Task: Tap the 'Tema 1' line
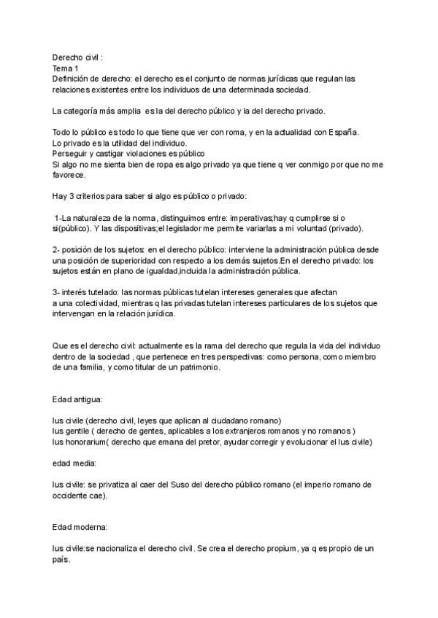tap(66, 67)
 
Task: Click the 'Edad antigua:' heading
tap(77, 400)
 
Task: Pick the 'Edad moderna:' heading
tap(80, 528)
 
